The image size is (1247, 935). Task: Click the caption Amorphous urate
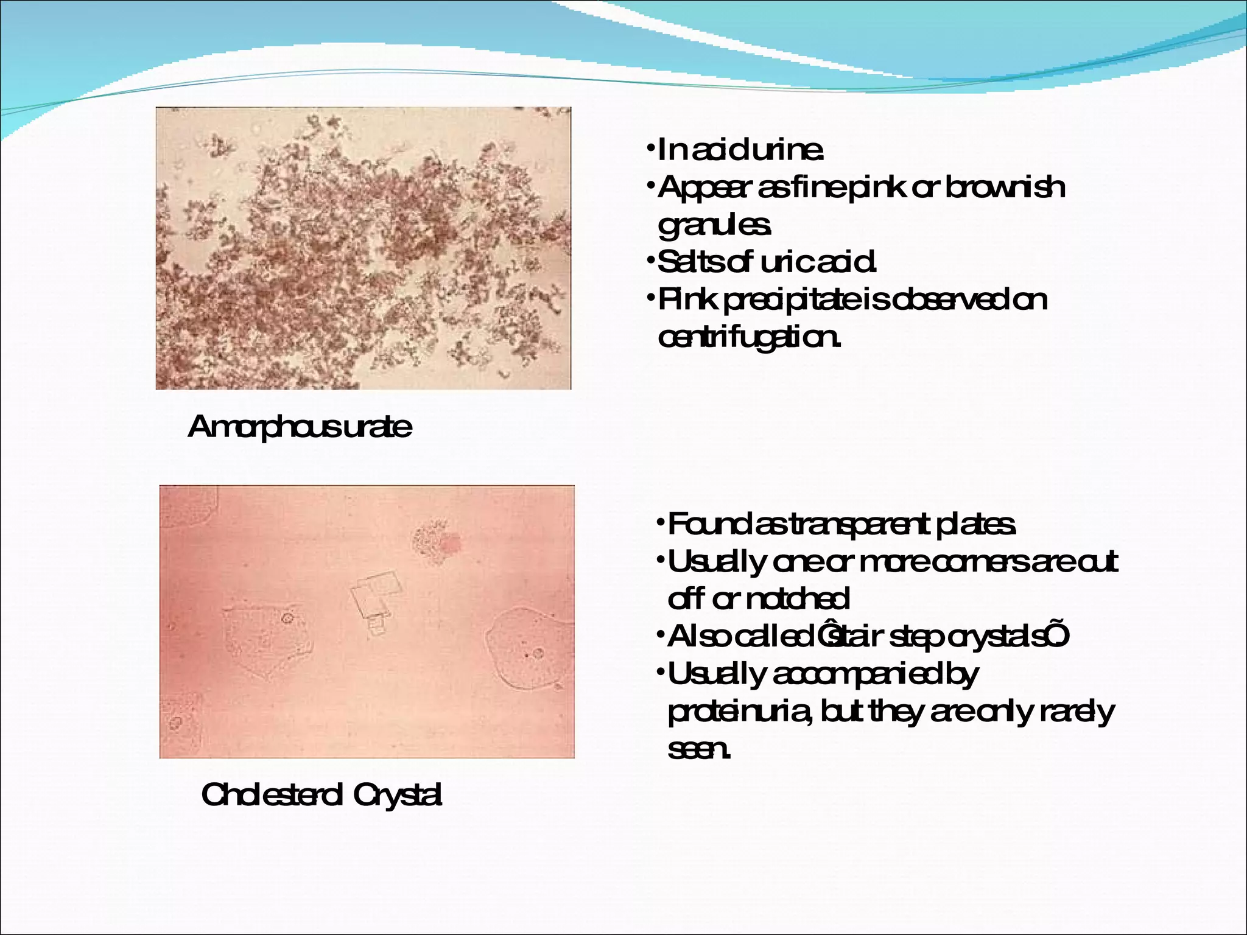(300, 427)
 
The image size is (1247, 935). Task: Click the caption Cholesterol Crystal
(321, 795)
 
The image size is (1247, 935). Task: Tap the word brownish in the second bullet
(1005, 187)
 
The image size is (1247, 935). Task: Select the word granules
(714, 226)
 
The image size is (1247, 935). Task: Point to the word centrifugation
(749, 337)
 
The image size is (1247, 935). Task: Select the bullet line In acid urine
(740, 150)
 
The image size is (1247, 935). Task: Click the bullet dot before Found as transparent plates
(660, 524)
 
